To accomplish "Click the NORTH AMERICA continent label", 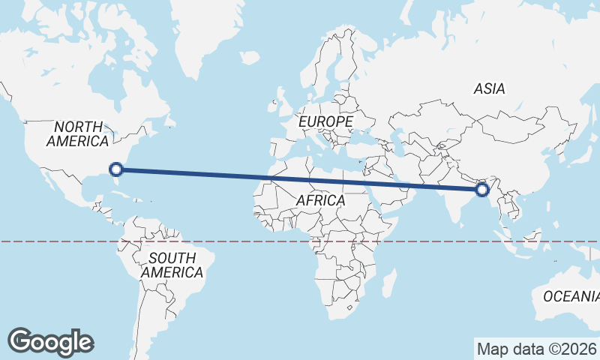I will point(78,133).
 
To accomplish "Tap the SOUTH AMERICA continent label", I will point(172,265).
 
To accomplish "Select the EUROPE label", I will point(325,121).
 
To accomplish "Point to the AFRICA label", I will point(320,201).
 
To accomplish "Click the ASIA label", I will point(489,88).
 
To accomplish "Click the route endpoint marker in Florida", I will point(115,169).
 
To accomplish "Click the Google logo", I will point(50,342).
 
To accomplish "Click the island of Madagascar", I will point(389,284).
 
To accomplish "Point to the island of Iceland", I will point(250,57).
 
